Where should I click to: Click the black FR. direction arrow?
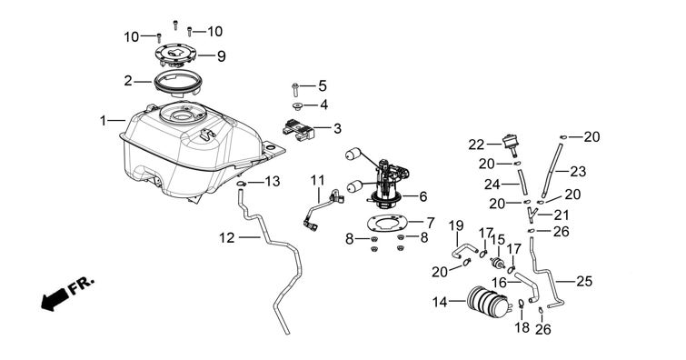coord(55,300)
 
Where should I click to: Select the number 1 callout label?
coord(103,120)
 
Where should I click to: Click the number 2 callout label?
coord(127,81)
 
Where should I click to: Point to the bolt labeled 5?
coord(295,89)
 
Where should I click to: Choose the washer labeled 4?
coord(298,105)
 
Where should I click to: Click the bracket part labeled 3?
coord(299,130)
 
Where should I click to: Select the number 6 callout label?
coord(423,196)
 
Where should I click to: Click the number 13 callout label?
coord(273,181)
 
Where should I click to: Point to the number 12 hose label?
coord(227,238)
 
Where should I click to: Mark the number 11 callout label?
coord(318,180)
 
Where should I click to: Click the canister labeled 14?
coord(489,301)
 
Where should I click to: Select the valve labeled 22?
coord(510,144)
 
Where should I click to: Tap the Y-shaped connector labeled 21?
coord(532,215)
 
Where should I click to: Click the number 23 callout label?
coord(578,171)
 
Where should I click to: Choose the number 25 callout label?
coord(583,281)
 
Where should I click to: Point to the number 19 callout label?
coord(456,226)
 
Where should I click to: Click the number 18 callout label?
coord(522,327)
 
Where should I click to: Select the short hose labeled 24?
coord(522,182)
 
